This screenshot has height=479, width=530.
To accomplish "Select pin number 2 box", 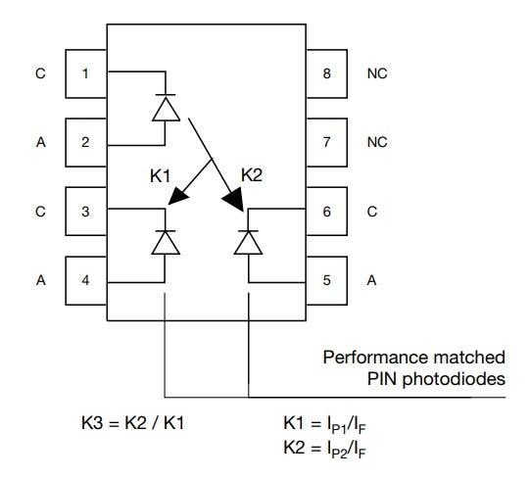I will pyautogui.click(x=85, y=142).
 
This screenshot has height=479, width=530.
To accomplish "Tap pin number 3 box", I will pyautogui.click(x=85, y=211).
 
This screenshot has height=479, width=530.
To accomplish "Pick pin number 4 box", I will pyautogui.click(x=85, y=279).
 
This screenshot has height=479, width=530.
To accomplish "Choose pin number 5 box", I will pyautogui.click(x=326, y=279).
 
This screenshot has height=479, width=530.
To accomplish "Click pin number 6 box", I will pyautogui.click(x=326, y=211).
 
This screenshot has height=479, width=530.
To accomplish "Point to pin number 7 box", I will pyautogui.click(x=326, y=142).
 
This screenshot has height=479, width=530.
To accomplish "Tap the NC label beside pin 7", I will pyautogui.click(x=377, y=142).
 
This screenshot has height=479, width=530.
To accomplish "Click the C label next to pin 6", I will pyautogui.click(x=371, y=211).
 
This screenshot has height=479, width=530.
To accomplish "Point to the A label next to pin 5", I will pyautogui.click(x=371, y=279).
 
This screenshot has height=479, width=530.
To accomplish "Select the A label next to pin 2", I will pyautogui.click(x=40, y=142).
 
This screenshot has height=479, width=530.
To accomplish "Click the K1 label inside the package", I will pyautogui.click(x=162, y=176).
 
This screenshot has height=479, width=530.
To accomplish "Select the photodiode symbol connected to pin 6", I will pyautogui.click(x=250, y=240).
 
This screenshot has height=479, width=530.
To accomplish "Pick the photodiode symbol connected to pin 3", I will pyautogui.click(x=166, y=240).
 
